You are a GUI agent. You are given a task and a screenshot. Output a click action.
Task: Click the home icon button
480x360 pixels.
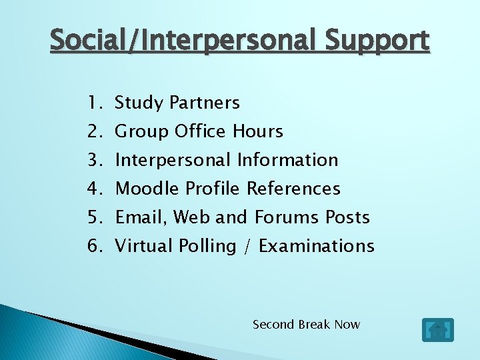pyautogui.click(x=437, y=330)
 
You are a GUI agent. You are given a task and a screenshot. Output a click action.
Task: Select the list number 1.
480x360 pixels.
pyautogui.click(x=93, y=103)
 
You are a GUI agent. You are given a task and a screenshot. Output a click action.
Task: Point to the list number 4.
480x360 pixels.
pyautogui.click(x=93, y=189)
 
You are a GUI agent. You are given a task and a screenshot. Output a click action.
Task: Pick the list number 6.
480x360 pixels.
pyautogui.click(x=93, y=246)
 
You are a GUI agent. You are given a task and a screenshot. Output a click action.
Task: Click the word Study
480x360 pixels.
pyautogui.click(x=139, y=103)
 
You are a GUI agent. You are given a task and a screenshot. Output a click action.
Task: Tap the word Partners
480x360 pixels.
pyautogui.click(x=205, y=103)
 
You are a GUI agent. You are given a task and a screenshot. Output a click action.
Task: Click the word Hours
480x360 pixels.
pyautogui.click(x=258, y=131)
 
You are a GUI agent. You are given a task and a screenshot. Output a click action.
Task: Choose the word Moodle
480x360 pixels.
pyautogui.click(x=148, y=189)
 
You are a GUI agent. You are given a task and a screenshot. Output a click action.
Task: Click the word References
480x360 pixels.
pyautogui.click(x=293, y=189)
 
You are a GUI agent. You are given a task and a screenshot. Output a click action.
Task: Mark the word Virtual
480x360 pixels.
pyautogui.click(x=144, y=246)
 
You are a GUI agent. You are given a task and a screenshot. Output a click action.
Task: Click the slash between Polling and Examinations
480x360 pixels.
pyautogui.click(x=247, y=247)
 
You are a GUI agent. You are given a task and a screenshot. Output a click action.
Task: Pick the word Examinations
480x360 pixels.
pyautogui.click(x=316, y=246)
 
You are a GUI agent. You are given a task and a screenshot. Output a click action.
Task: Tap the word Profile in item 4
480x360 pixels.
pyautogui.click(x=212, y=189)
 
